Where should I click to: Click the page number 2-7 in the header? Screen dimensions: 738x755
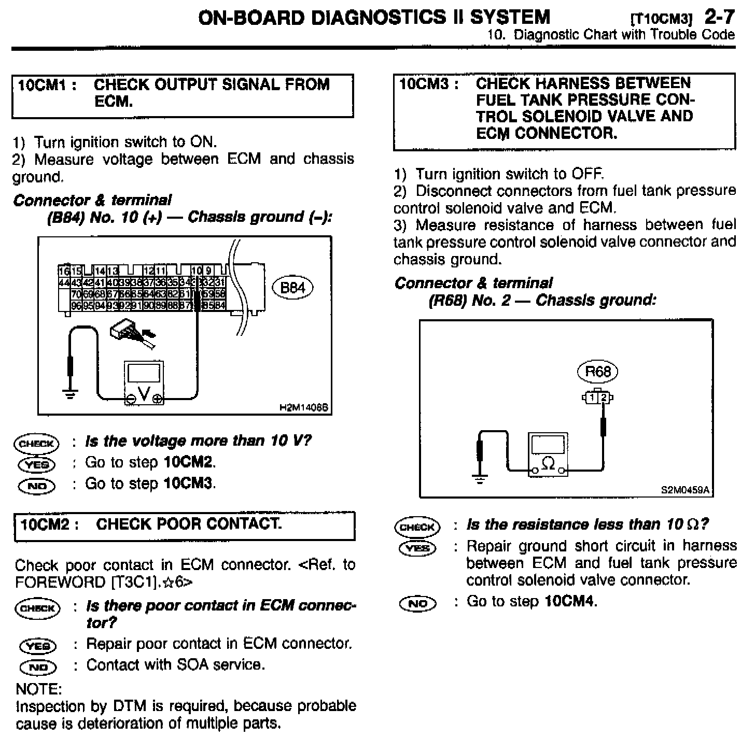click(719, 17)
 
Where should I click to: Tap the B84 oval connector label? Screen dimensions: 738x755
click(292, 288)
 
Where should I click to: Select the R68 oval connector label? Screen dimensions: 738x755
click(598, 372)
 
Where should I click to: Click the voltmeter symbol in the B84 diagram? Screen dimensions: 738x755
click(144, 383)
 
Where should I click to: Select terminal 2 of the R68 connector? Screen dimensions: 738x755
click(603, 398)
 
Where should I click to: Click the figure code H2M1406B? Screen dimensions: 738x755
click(304, 408)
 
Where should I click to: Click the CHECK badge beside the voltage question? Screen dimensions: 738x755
click(37, 443)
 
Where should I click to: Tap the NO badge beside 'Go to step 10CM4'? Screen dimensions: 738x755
click(418, 603)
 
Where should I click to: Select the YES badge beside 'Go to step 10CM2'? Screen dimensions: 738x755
click(37, 464)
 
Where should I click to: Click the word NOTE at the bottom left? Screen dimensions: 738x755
click(39, 689)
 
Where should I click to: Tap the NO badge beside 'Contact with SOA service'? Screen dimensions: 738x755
click(38, 667)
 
